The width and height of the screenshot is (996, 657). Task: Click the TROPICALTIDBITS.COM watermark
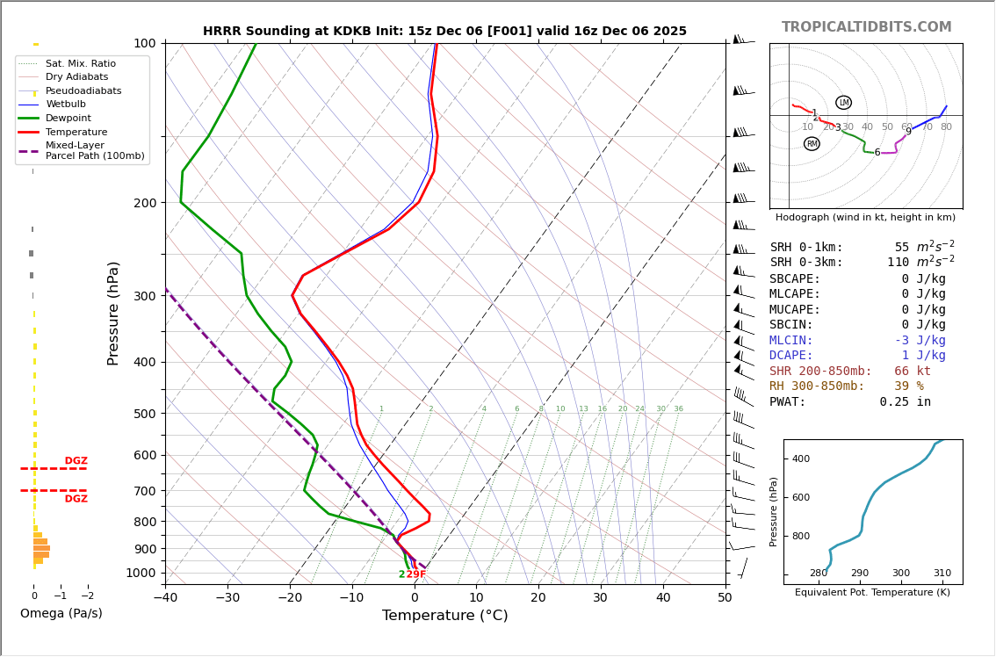point(866,27)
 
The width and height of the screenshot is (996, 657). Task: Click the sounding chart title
point(444,32)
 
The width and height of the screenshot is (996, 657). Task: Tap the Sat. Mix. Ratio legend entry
point(81,64)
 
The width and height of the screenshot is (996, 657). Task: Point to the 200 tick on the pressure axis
point(144,203)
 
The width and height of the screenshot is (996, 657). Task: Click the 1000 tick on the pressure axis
point(141,573)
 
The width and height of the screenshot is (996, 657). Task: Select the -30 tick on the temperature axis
point(227,598)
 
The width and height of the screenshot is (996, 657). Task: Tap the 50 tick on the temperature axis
point(725,598)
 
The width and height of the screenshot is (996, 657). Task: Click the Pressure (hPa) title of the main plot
point(113,313)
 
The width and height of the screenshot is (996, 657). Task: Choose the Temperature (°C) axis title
point(444,617)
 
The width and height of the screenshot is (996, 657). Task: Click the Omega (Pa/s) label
point(61,614)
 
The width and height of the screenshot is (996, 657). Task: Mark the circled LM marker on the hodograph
point(843,103)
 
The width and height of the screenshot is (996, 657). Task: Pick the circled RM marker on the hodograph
point(812,144)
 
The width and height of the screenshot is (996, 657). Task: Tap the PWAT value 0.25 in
point(905,402)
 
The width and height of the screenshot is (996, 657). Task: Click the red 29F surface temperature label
point(416,574)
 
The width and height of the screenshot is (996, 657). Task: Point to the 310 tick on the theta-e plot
point(942,574)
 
